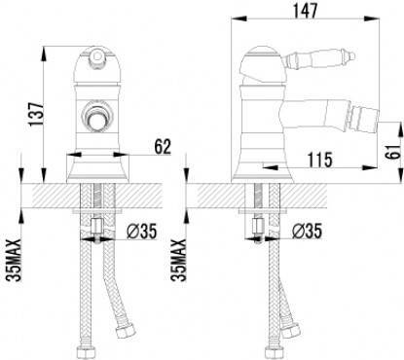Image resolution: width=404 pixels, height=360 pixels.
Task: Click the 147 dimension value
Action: pyautogui.click(x=305, y=11)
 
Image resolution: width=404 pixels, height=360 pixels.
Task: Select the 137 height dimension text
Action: pyautogui.click(x=35, y=115)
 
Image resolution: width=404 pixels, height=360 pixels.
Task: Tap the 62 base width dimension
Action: pyautogui.click(x=163, y=147)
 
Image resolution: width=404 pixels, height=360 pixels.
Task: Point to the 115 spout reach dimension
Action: pyautogui.click(x=320, y=160)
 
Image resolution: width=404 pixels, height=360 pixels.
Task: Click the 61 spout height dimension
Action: pyautogui.click(x=393, y=151)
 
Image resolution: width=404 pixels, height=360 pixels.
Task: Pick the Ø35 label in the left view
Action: pyautogui.click(x=142, y=232)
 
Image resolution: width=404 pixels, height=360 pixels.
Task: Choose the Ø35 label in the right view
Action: pyautogui.click(x=307, y=231)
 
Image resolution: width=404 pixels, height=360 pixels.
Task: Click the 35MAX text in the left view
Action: pyautogui.click(x=13, y=260)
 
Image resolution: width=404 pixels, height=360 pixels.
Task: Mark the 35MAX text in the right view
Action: pyautogui.click(x=178, y=260)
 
